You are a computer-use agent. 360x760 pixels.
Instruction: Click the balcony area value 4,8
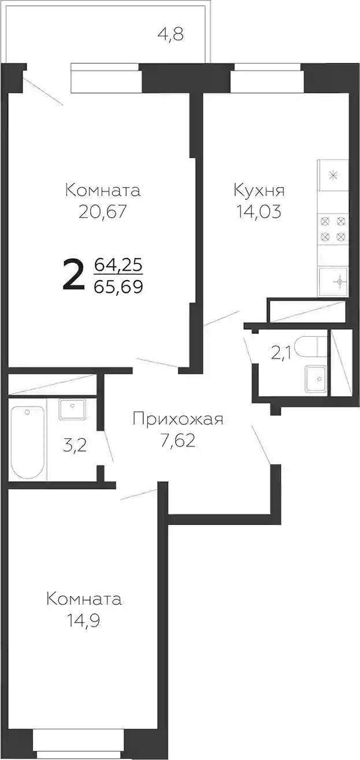171,34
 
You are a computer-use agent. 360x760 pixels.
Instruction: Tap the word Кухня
259,191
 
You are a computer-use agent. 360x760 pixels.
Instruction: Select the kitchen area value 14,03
259,212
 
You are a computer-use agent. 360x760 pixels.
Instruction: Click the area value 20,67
102,212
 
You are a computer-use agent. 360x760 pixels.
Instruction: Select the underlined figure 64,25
118,264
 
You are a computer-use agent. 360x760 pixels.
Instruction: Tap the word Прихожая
178,420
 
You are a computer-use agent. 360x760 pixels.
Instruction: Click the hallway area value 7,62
179,441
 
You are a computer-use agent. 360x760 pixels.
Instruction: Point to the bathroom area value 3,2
75,445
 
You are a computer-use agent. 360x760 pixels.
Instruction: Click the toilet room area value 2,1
281,353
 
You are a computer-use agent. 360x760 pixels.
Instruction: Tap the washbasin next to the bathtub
72,409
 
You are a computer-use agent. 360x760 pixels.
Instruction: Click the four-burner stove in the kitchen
333,229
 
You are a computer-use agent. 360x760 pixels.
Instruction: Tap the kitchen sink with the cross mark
333,281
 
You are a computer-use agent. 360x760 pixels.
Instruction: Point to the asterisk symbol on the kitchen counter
333,176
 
